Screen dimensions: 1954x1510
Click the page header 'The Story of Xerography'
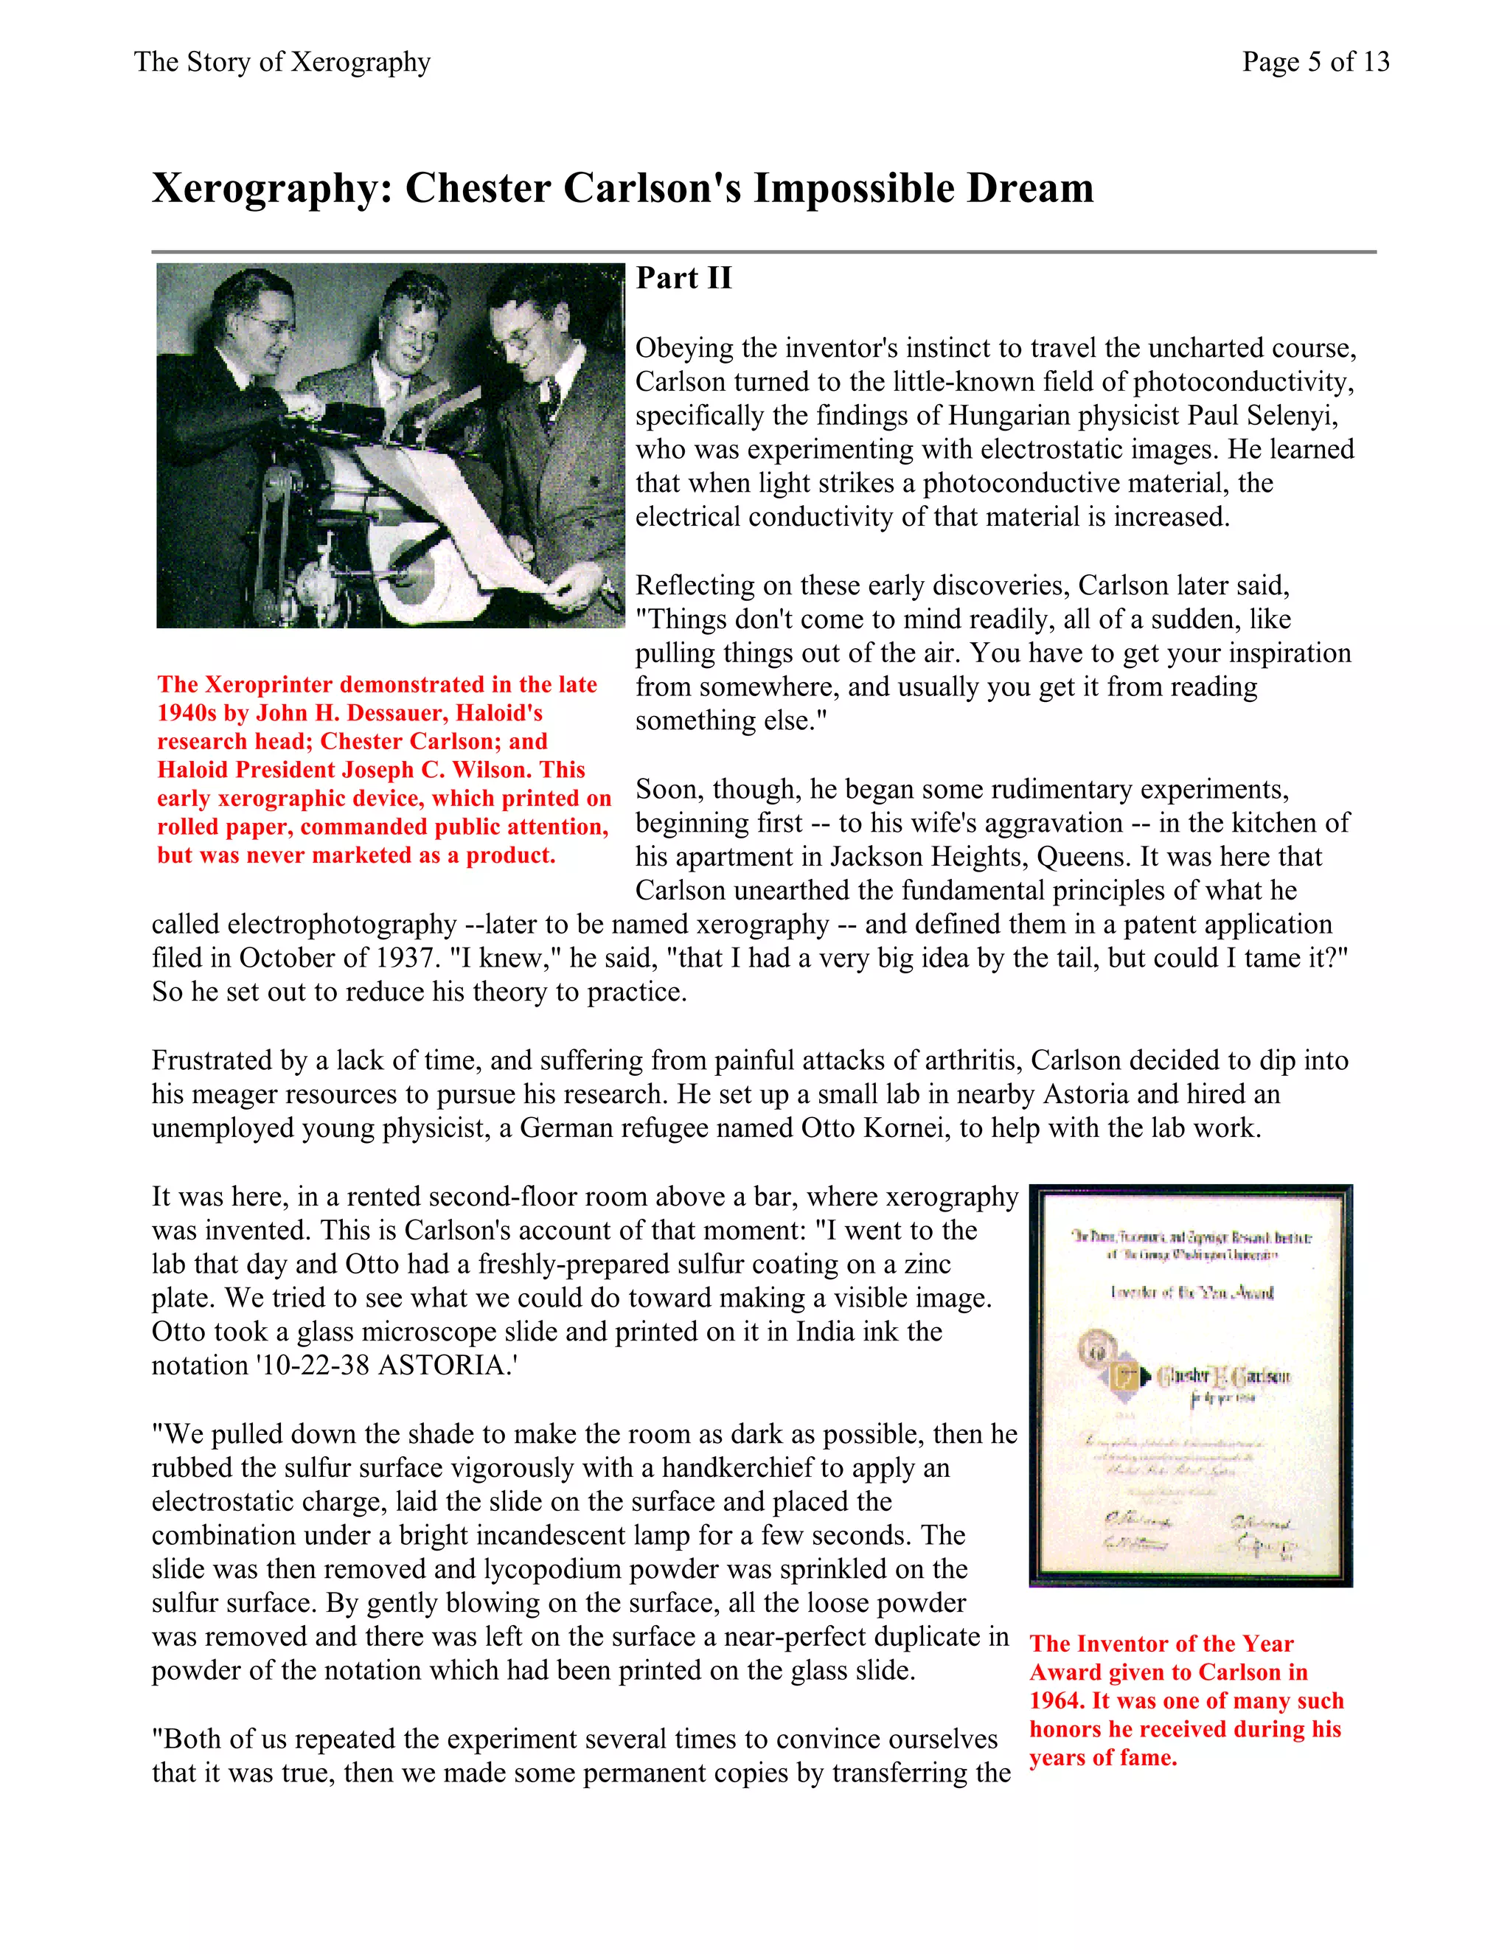pyautogui.click(x=282, y=62)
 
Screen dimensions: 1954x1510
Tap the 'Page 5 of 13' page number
pyautogui.click(x=1315, y=62)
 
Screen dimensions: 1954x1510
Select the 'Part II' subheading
pyautogui.click(x=683, y=278)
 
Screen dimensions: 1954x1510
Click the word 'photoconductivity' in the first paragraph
pyautogui.click(x=1243, y=382)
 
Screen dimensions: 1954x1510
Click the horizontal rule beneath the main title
pyautogui.click(x=763, y=252)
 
